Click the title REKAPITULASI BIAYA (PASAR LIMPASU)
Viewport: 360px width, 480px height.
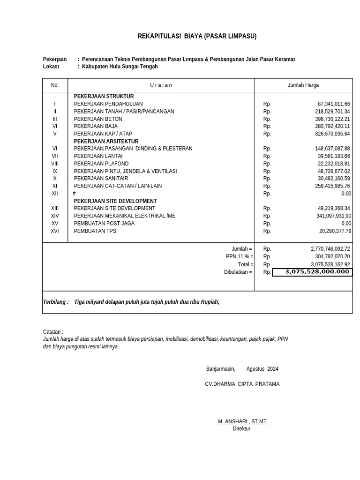click(x=197, y=36)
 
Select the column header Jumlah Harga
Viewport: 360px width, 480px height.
click(x=303, y=85)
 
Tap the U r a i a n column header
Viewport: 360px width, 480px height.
click(x=161, y=85)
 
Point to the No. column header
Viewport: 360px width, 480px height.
click(x=55, y=85)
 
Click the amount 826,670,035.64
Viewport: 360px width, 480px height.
click(x=332, y=134)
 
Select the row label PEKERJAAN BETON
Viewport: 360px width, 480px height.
click(x=98, y=119)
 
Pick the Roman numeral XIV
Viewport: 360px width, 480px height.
click(x=55, y=216)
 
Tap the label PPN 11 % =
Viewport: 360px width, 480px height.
click(x=239, y=257)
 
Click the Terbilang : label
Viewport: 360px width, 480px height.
click(x=56, y=302)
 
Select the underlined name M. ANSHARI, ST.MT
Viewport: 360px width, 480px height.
click(x=242, y=421)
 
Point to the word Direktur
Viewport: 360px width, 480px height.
click(x=241, y=428)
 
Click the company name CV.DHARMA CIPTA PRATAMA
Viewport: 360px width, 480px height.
click(x=242, y=384)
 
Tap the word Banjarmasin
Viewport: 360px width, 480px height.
click(x=220, y=369)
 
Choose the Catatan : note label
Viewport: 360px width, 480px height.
click(x=53, y=332)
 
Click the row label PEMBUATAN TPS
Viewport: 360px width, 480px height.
click(x=95, y=231)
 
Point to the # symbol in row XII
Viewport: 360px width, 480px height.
click(x=74, y=194)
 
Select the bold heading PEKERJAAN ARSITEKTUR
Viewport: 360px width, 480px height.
click(x=106, y=141)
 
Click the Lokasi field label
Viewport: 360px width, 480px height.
click(x=51, y=67)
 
